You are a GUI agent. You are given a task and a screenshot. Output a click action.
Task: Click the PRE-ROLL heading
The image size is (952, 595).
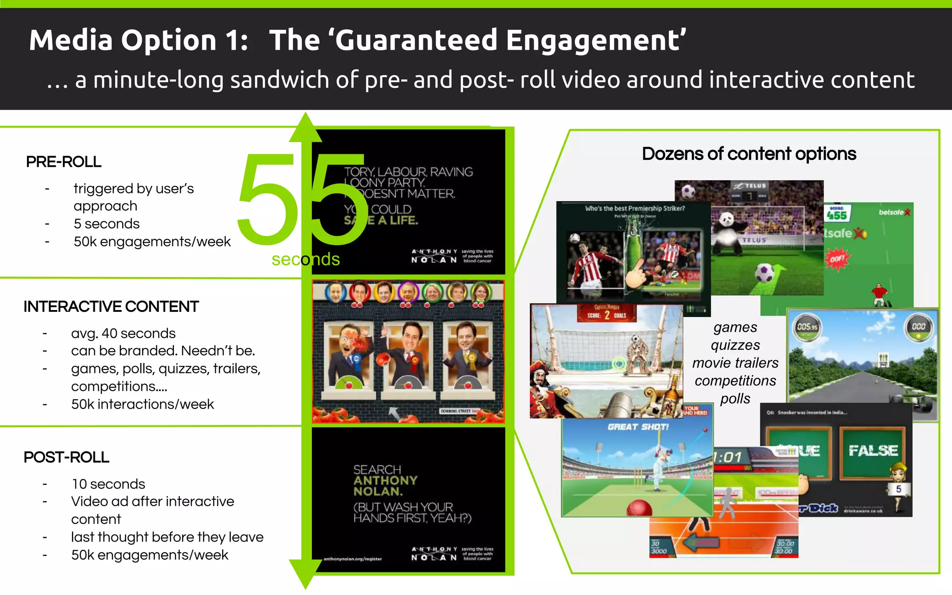(x=64, y=162)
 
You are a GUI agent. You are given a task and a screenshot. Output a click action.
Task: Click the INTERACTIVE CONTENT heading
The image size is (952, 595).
(x=111, y=307)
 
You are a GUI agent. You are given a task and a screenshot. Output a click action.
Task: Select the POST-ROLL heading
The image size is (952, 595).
(x=66, y=457)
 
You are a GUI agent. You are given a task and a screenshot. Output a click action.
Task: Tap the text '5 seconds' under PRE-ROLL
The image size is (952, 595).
(x=106, y=224)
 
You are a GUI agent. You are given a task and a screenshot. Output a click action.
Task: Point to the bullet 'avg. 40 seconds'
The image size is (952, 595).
(x=123, y=333)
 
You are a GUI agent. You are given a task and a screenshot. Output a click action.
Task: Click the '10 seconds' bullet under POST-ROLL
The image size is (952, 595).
(x=108, y=484)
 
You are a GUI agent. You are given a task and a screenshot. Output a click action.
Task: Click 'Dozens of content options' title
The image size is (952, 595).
(x=749, y=154)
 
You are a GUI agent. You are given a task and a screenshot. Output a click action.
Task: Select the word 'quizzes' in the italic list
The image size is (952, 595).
(x=735, y=345)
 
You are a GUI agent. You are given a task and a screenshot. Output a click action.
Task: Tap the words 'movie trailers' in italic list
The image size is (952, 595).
(x=735, y=363)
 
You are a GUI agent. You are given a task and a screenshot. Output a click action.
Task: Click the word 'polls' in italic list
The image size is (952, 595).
(x=735, y=398)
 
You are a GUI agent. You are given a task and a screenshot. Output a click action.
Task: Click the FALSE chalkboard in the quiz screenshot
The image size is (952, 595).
(x=873, y=451)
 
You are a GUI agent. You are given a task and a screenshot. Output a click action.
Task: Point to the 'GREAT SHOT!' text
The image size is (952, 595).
(x=638, y=427)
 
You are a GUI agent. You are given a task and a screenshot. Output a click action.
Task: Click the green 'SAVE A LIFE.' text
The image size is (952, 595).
(x=381, y=221)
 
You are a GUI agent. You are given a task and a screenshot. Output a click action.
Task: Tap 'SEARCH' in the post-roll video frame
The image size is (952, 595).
(x=377, y=469)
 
